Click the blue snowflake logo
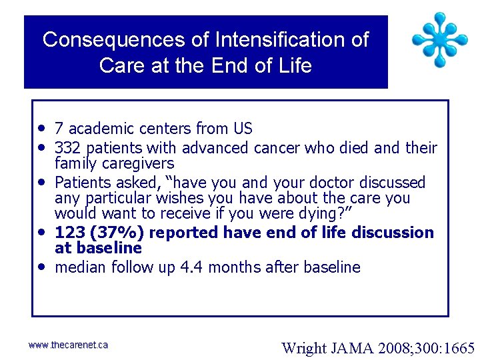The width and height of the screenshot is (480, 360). click(439, 39)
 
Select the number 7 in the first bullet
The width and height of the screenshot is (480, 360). click(59, 129)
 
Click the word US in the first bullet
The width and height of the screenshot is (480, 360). click(242, 129)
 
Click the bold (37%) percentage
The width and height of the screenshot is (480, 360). click(113, 233)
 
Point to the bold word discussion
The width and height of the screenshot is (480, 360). click(393, 233)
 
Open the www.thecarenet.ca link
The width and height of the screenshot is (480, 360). click(68, 345)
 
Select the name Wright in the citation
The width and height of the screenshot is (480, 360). click(303, 347)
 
